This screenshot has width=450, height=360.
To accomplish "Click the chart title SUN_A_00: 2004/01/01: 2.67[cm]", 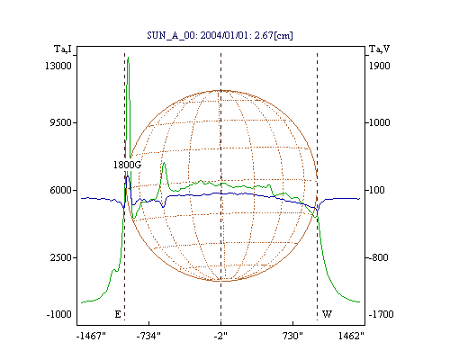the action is (220, 35).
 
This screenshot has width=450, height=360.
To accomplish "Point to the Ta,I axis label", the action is (63, 49).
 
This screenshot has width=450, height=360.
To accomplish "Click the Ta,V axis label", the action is (379, 49).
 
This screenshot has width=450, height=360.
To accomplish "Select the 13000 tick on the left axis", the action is (58, 66).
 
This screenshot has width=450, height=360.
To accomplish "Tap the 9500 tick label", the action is (60, 122).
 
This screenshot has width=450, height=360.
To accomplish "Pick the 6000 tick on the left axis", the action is (60, 190).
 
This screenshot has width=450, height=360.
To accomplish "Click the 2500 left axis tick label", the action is (60, 257).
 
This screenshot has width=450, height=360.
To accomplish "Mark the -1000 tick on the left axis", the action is (58, 314).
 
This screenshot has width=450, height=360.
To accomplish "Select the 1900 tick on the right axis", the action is (380, 66).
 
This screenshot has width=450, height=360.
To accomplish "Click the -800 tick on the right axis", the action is (378, 257).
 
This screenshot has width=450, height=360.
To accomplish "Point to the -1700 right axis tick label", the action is (381, 314).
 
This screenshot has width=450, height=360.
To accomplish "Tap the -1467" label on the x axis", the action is (91, 336).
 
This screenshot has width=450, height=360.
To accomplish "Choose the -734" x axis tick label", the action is (148, 336).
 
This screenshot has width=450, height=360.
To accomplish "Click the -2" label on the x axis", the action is (220, 336).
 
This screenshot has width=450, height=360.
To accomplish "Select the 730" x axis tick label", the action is (292, 336).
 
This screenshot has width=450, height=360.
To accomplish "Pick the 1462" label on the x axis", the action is (351, 336).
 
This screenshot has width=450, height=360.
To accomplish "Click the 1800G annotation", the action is (127, 165).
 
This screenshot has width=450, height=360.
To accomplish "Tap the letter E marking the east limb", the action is (118, 314).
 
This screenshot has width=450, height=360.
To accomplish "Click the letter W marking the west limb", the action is (327, 314).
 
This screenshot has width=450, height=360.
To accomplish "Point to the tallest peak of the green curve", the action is (128, 58).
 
